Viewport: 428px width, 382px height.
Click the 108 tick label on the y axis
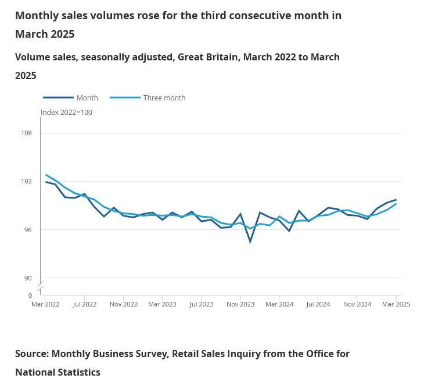tap(27, 133)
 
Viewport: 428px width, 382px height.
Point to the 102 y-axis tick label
tap(27, 181)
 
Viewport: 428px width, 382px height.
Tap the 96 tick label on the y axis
tap(28, 230)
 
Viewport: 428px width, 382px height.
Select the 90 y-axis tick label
tap(28, 278)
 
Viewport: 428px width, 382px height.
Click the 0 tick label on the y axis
tap(30, 295)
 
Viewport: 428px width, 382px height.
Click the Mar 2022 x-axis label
tap(45, 304)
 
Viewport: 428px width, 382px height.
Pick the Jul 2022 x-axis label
tap(84, 304)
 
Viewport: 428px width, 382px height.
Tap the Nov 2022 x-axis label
tap(123, 304)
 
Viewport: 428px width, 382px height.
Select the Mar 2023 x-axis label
tap(162, 304)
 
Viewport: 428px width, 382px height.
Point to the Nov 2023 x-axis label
tap(240, 304)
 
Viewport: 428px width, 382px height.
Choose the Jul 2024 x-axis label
tap(318, 304)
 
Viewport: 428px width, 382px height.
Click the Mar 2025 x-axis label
tap(395, 304)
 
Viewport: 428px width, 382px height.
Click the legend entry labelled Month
tap(87, 98)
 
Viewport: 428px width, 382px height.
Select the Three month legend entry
tap(164, 98)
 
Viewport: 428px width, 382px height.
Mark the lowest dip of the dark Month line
tap(250, 242)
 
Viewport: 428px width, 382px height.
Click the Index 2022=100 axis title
tap(66, 113)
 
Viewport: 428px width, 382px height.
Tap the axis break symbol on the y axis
tap(41, 287)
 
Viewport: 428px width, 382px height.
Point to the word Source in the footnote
tap(32, 354)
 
